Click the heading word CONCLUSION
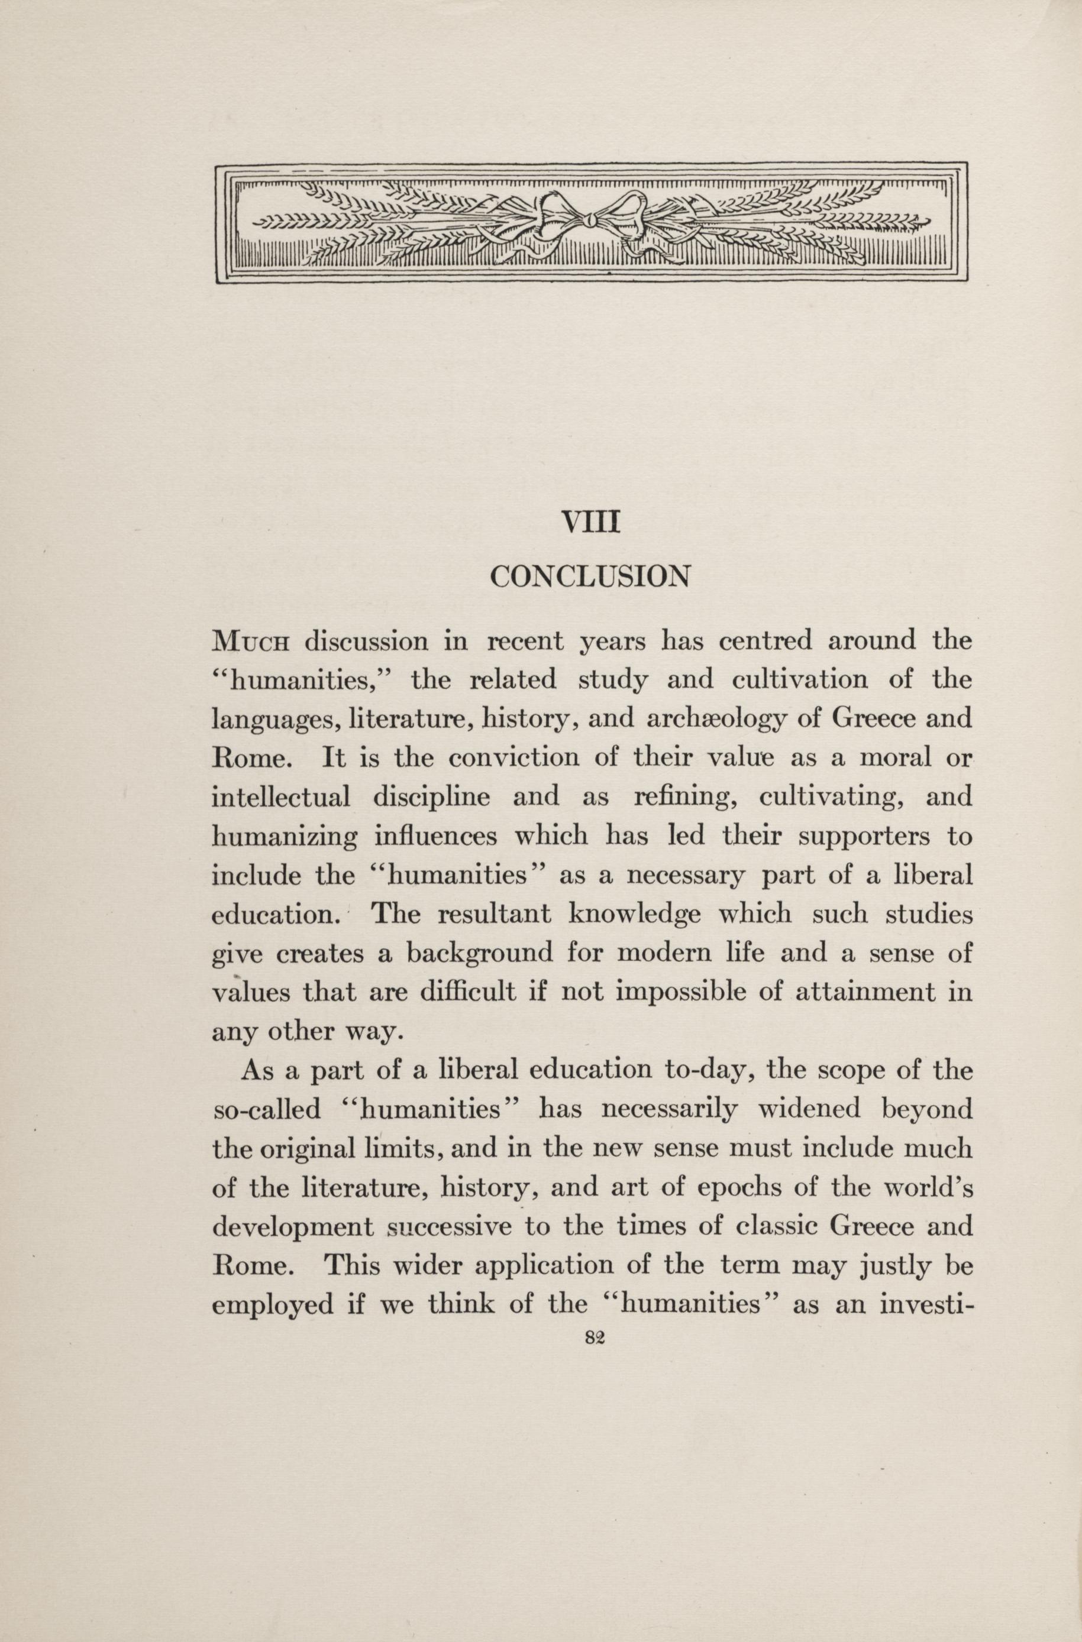pyautogui.click(x=590, y=576)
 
